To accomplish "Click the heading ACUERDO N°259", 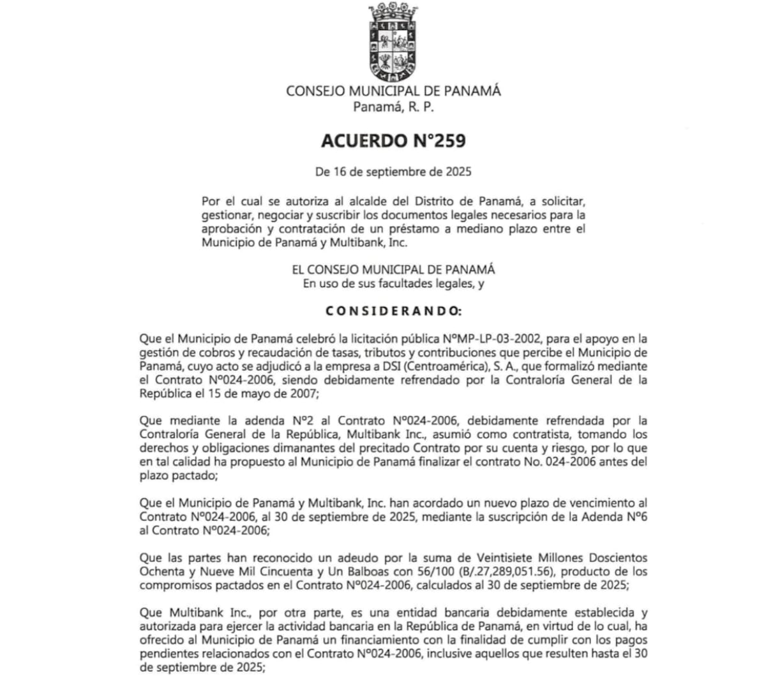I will tap(393, 140).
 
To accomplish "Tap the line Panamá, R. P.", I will tap(393, 107).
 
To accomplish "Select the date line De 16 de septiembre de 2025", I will tap(393, 172).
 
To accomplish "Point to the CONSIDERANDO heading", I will tap(393, 311).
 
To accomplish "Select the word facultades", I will tap(391, 284).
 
